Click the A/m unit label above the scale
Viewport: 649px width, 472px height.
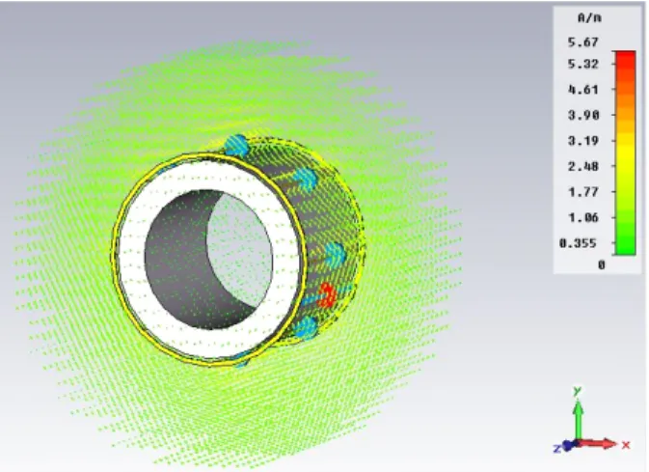click(x=589, y=17)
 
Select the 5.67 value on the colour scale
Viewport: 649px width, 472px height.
click(x=583, y=42)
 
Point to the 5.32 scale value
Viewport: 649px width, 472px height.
click(x=583, y=64)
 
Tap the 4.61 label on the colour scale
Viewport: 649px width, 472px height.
click(x=583, y=90)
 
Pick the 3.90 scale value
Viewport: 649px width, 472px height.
click(x=583, y=115)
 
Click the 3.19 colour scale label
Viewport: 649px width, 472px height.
click(x=583, y=141)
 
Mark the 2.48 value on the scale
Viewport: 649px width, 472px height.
click(x=583, y=166)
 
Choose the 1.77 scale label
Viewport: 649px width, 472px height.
click(x=583, y=192)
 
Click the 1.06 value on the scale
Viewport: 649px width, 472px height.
click(x=583, y=217)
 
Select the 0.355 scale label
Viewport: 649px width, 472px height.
click(x=579, y=243)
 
